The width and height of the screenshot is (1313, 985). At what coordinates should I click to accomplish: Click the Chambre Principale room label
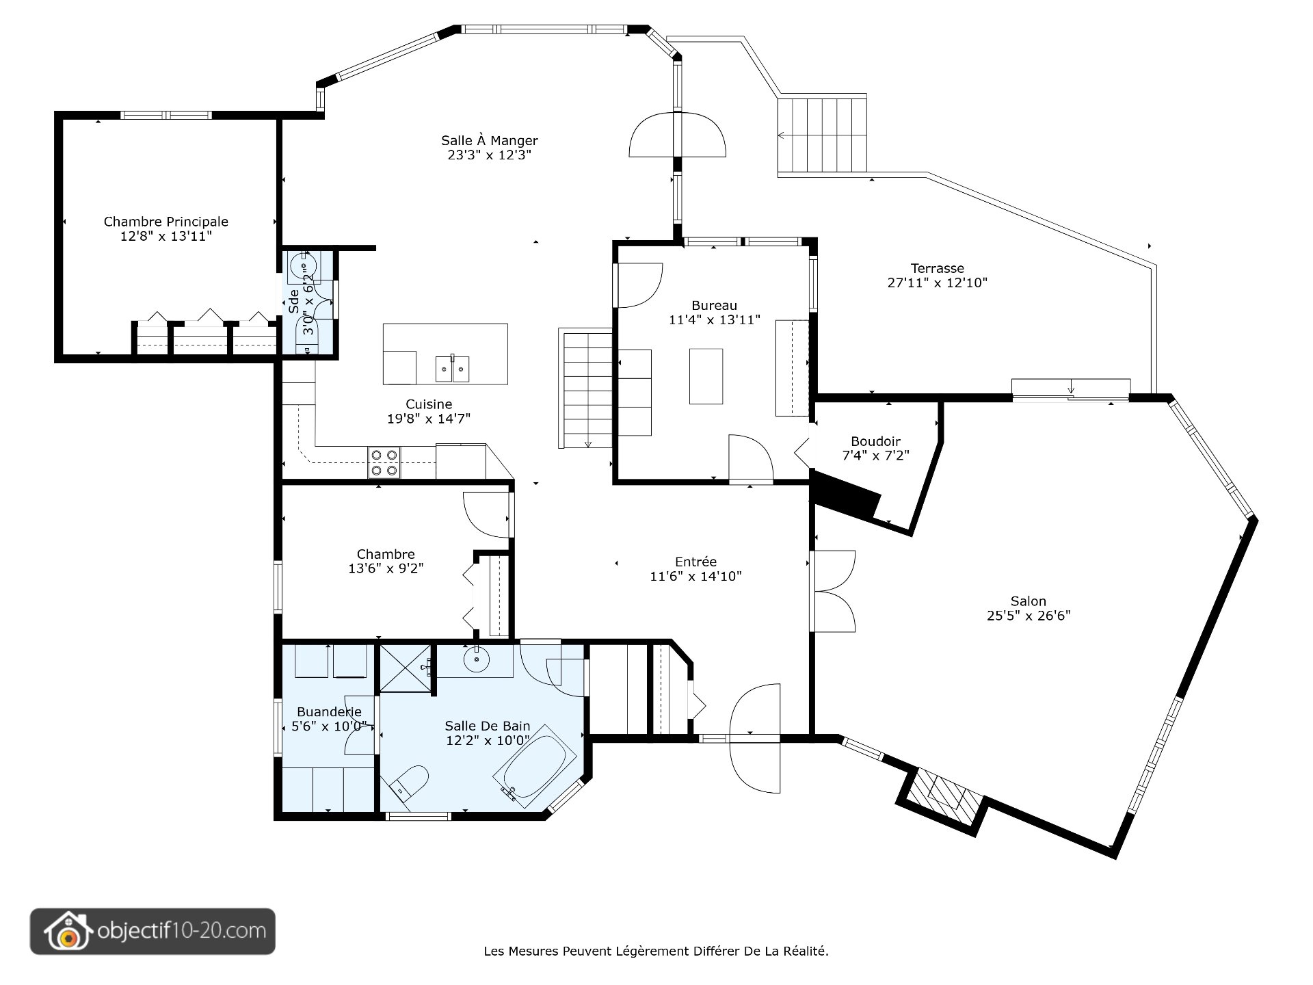(165, 222)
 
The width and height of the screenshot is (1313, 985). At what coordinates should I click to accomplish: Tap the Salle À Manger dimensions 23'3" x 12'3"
(489, 155)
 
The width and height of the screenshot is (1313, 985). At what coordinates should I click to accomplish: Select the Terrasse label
(937, 268)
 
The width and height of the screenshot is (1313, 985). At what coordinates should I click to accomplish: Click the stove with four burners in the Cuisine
(384, 462)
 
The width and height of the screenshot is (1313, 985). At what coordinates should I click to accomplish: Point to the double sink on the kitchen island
(453, 370)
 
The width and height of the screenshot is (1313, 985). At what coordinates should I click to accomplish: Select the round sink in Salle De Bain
(475, 660)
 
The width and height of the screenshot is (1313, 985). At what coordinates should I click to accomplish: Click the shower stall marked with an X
(406, 669)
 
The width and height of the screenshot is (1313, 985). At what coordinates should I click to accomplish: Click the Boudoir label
(875, 441)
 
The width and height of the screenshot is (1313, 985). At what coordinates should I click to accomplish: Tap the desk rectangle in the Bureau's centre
(706, 376)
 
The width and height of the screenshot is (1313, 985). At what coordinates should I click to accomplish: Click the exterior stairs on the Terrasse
(823, 135)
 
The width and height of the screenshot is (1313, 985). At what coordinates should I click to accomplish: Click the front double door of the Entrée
(755, 739)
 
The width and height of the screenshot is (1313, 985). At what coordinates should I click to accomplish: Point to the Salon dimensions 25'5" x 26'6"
(1028, 616)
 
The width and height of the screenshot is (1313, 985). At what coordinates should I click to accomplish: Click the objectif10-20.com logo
(152, 931)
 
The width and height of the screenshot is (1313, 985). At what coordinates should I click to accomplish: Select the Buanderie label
(329, 712)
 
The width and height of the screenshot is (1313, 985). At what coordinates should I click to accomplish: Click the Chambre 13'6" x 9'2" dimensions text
(386, 568)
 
